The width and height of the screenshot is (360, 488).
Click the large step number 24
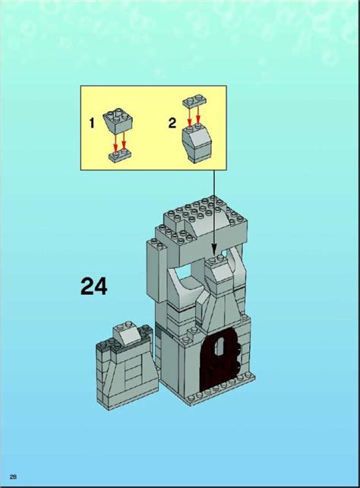[x=94, y=287]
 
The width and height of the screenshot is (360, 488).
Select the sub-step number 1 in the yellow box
[x=91, y=122]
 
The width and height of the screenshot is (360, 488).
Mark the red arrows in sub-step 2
[x=195, y=116]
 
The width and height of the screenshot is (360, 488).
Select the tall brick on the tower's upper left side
[x=150, y=274]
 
